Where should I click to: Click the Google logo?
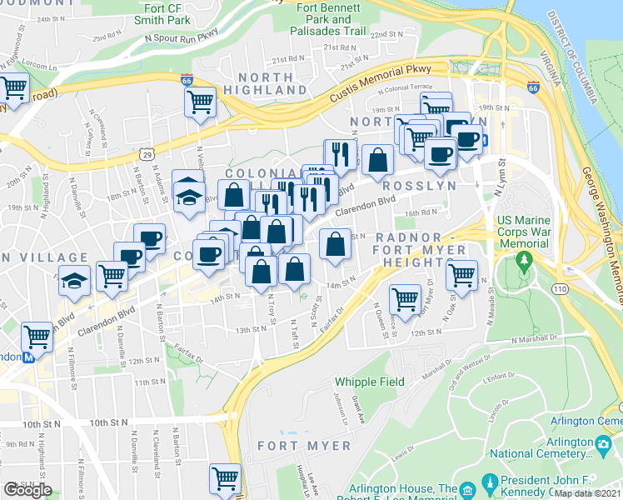27,490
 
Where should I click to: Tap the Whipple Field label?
370,382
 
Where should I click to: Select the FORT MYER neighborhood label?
304,446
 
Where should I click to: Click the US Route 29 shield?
147,154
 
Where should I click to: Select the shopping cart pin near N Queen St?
405,297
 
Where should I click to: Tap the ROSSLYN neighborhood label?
421,186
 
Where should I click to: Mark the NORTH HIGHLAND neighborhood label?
259,83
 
